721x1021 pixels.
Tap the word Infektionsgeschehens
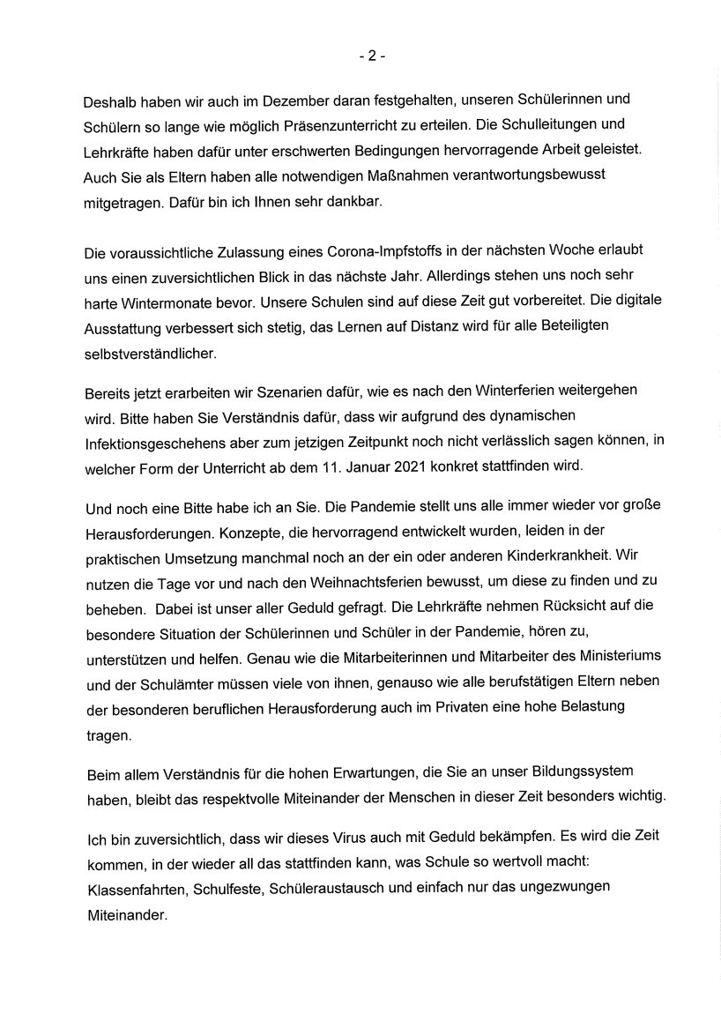pyautogui.click(x=159, y=441)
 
